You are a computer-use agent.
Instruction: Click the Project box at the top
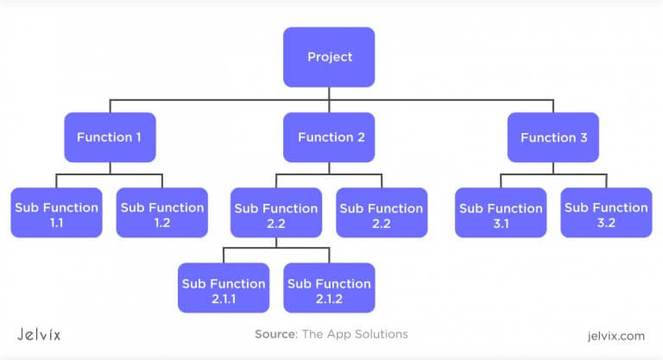330,57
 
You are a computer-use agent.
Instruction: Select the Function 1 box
110,137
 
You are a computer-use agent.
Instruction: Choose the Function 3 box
552,137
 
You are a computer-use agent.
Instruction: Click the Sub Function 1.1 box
55,213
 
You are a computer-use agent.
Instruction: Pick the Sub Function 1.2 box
162,213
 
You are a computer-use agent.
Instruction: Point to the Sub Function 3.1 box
500,213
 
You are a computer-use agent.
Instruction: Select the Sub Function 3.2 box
606,213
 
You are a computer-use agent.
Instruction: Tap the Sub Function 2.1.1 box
223,288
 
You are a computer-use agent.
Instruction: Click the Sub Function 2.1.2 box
330,288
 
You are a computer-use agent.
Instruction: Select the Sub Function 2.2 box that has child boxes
276,213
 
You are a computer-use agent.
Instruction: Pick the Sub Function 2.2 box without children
382,213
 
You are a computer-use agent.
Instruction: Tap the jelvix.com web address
615,333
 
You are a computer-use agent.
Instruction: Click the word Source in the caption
275,333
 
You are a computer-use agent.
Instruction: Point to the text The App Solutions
354,333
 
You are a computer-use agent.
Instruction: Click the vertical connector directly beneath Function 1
110,168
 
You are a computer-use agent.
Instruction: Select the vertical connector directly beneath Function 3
552,168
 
